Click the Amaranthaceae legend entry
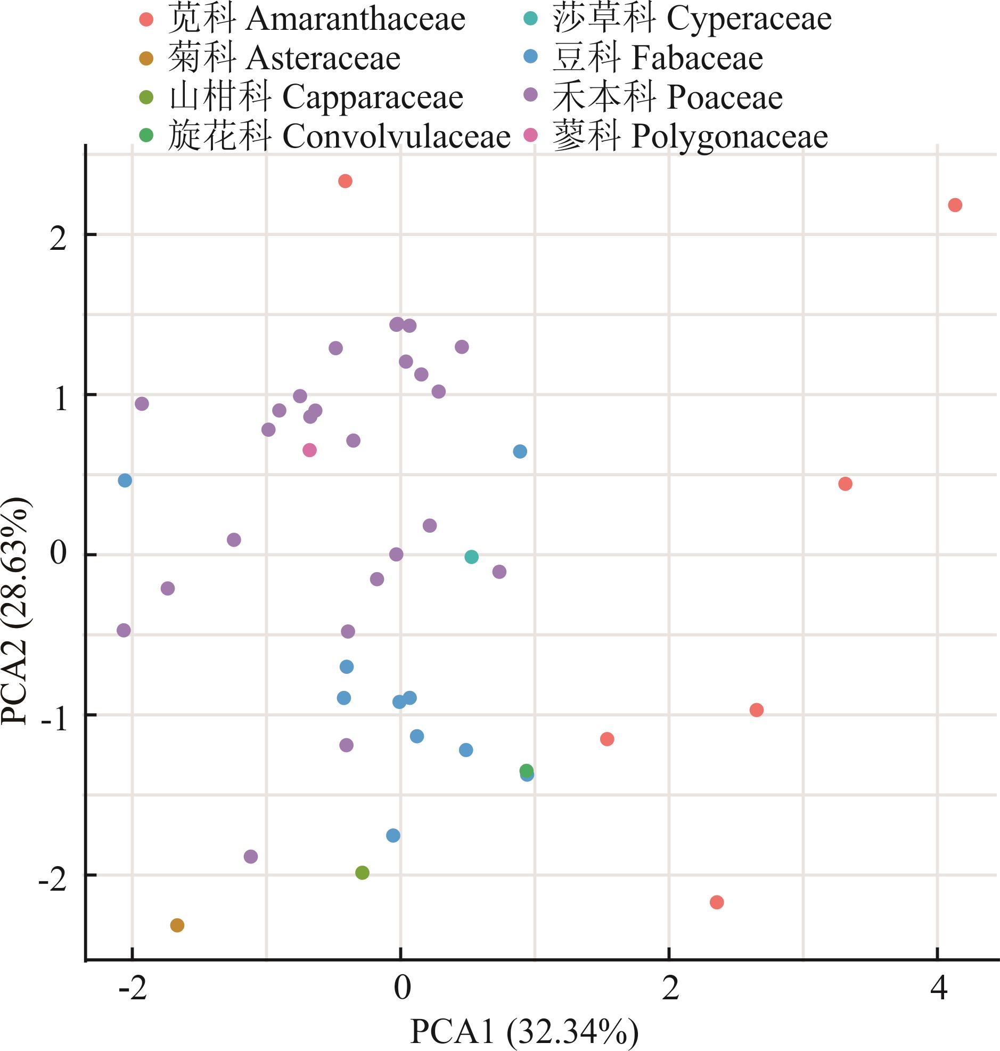(317, 19)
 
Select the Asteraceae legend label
(284, 58)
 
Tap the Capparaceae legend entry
(316, 97)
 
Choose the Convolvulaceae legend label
(339, 136)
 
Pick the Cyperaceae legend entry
(692, 19)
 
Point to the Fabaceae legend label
(658, 58)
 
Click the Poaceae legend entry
(667, 97)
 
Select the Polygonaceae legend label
(690, 136)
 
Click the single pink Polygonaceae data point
(310, 450)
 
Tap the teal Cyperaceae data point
(471, 557)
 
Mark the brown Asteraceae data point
(177, 925)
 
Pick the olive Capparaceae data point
(363, 873)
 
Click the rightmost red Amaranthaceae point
(955, 205)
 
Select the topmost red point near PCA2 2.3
(346, 181)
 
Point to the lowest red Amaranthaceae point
(717, 902)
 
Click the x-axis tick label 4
(939, 988)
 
